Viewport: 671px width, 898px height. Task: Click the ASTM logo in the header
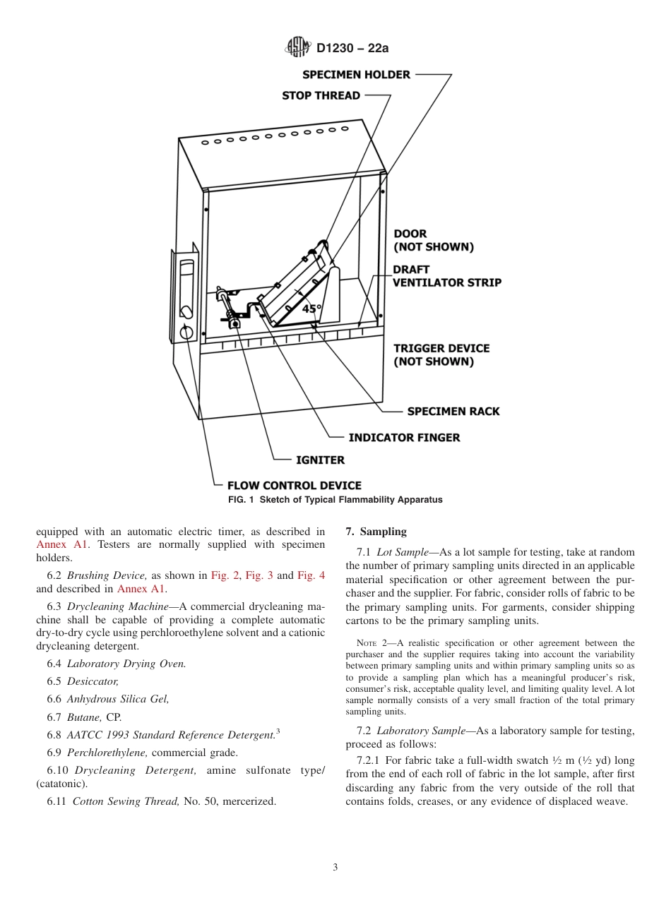297,47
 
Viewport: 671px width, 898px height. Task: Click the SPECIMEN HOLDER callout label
356,75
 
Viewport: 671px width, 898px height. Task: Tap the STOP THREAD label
321,95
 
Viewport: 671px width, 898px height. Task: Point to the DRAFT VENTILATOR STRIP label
446,276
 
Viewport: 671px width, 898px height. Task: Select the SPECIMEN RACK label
453,412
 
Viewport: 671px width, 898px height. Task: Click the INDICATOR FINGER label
403,438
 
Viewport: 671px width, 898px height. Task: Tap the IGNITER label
320,460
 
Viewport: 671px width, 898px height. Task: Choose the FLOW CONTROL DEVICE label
294,486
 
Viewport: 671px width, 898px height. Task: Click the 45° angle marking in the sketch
311,309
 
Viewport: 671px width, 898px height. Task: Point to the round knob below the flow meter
186,333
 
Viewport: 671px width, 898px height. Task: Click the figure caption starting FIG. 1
335,500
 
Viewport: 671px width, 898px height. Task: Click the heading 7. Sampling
376,532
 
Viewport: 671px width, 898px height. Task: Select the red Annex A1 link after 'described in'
62,544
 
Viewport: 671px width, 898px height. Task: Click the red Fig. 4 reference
311,575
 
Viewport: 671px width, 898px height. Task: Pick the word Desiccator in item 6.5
93,681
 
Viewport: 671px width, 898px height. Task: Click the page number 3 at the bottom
335,868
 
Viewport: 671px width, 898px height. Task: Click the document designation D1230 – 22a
352,48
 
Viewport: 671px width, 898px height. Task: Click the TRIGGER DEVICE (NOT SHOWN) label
441,355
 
